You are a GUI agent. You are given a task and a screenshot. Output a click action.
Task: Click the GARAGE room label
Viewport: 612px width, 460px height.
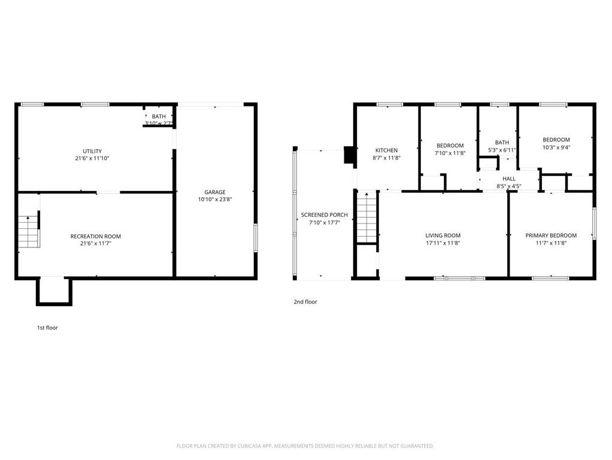click(214, 192)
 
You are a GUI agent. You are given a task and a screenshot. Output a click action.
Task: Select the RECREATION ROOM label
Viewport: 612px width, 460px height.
click(95, 237)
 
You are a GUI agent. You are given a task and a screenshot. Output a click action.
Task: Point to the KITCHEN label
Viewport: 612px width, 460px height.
click(386, 150)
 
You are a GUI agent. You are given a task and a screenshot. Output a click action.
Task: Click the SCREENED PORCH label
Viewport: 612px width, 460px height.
click(324, 214)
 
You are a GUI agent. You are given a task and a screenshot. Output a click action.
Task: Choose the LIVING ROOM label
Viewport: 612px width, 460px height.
click(443, 235)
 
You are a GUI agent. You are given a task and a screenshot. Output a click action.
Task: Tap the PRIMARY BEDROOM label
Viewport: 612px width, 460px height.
click(551, 235)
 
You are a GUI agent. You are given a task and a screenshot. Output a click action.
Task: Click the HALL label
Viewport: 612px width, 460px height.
click(509, 178)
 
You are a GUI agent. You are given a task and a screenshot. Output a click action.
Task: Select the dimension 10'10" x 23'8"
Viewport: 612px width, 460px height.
click(214, 199)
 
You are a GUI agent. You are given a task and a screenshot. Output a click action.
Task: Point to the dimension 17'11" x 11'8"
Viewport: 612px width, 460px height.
click(443, 243)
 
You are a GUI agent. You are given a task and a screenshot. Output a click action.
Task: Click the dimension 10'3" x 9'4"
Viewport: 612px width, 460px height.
click(556, 147)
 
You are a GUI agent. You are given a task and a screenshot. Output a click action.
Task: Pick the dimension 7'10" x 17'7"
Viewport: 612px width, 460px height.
click(324, 222)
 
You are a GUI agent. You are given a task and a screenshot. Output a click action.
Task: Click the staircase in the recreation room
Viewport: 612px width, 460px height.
click(28, 232)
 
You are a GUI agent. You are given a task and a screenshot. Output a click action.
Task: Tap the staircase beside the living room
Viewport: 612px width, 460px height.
click(366, 217)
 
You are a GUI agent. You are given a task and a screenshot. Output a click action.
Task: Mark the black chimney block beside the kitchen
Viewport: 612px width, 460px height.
click(349, 155)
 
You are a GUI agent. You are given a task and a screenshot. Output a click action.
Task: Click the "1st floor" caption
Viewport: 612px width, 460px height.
click(47, 328)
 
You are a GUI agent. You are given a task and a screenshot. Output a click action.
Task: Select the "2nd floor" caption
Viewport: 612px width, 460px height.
click(305, 302)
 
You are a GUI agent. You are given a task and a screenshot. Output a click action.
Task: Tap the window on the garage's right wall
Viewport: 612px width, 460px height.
click(256, 238)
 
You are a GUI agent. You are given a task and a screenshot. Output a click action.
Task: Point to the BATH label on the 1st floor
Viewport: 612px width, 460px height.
click(159, 116)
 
